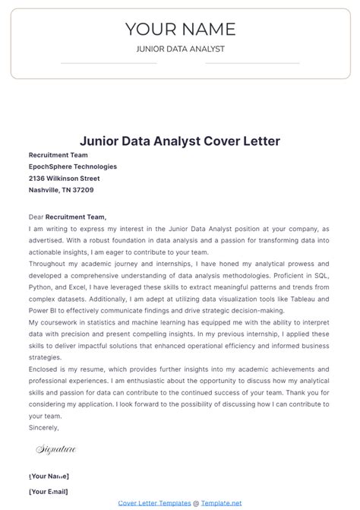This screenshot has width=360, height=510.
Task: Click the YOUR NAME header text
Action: (180, 29)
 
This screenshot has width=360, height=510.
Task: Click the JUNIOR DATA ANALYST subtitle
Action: (180, 49)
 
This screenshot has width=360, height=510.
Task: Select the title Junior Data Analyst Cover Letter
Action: (180, 141)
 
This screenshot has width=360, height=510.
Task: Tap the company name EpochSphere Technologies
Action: (73, 166)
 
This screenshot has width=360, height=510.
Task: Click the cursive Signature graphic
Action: (56, 449)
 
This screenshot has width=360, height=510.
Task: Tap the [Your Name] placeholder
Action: (49, 476)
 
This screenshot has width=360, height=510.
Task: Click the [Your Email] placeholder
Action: (49, 492)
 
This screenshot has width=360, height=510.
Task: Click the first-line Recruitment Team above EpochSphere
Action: (58, 154)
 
